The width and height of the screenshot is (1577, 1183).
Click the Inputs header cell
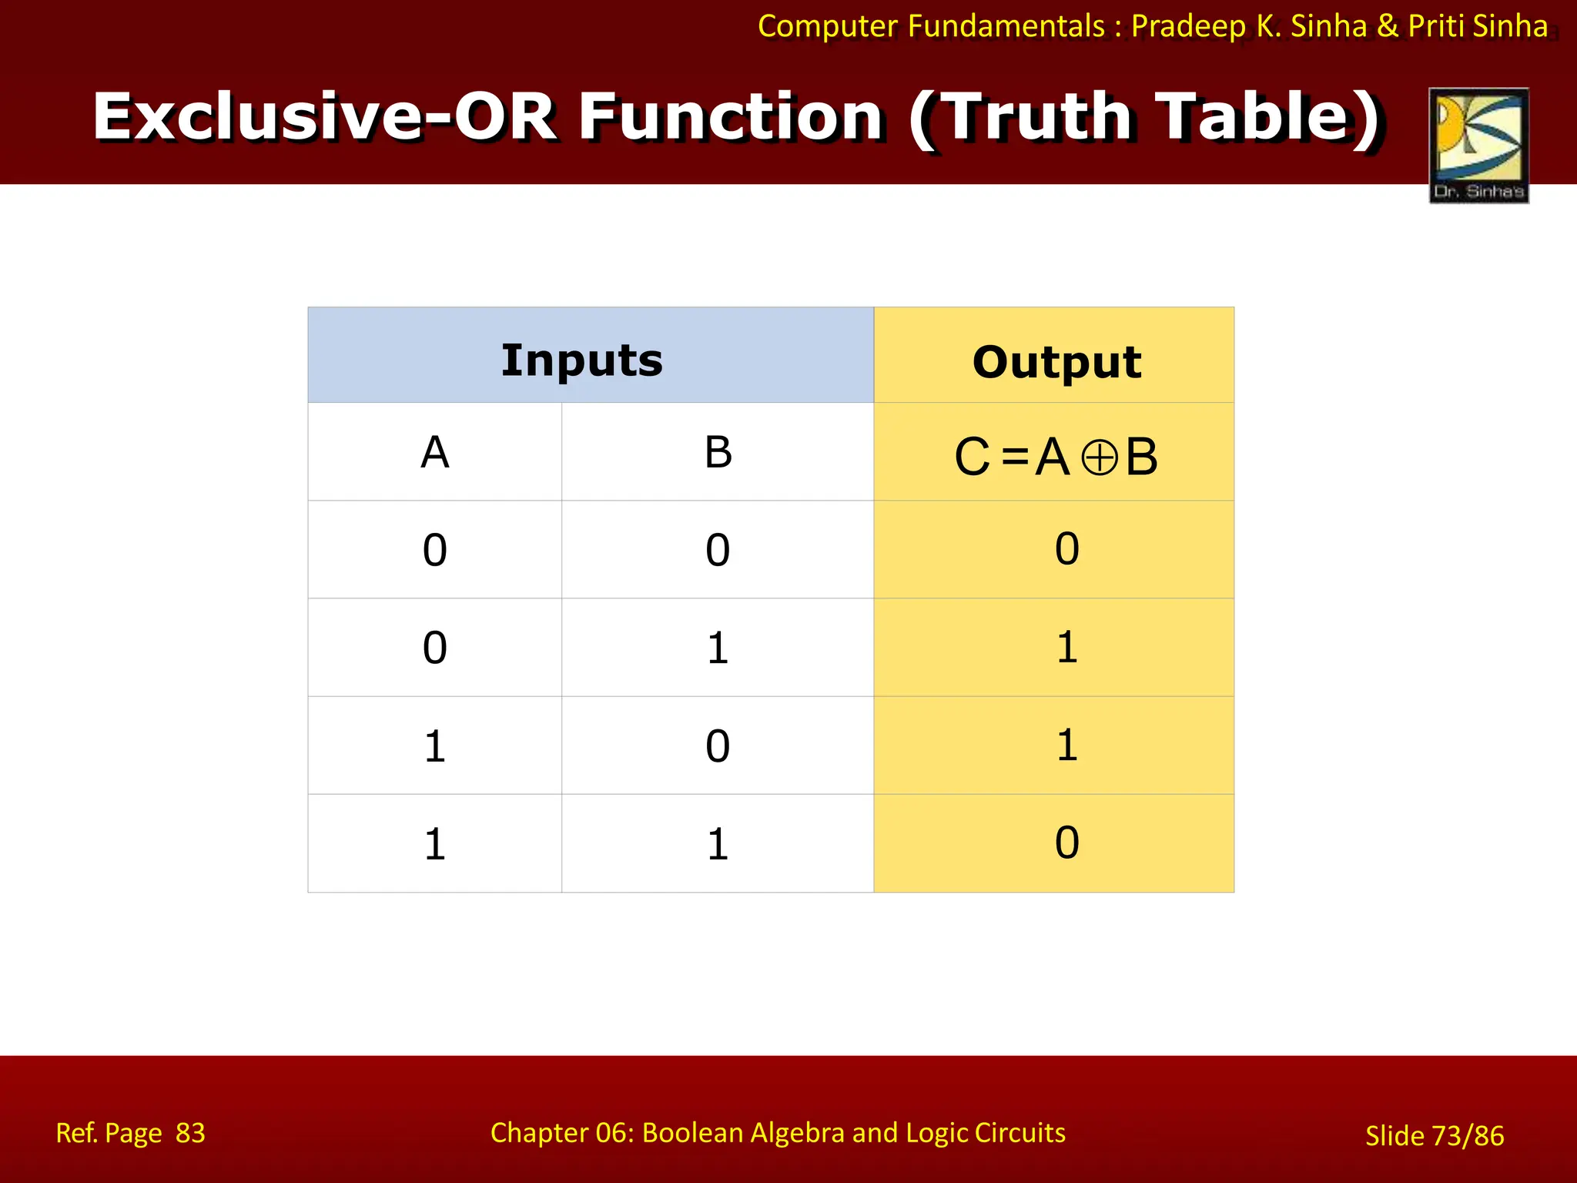pos(582,360)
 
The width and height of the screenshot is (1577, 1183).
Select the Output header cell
pos(1056,361)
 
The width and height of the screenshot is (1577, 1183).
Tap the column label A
pos(435,452)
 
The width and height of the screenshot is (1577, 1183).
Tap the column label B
pos(718,452)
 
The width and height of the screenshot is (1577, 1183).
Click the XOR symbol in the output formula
pos(1099,458)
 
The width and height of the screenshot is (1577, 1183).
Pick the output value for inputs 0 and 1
pos(1066,647)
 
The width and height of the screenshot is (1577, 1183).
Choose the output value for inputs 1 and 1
pos(1066,843)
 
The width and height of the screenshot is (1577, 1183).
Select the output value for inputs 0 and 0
pos(1066,549)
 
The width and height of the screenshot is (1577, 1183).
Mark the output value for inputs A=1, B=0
pos(1066,745)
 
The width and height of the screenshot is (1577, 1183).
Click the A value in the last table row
pos(435,844)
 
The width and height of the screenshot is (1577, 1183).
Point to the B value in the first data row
pos(718,551)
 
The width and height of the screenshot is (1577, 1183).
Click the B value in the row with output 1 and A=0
pos(718,648)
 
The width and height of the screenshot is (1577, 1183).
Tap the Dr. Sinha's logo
pos(1478,146)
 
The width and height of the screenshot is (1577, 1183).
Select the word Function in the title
pos(731,116)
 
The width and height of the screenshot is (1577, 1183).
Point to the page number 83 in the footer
pos(190,1133)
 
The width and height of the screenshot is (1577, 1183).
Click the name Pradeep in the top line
pos(1188,26)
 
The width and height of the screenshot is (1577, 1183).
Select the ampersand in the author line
pos(1387,26)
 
